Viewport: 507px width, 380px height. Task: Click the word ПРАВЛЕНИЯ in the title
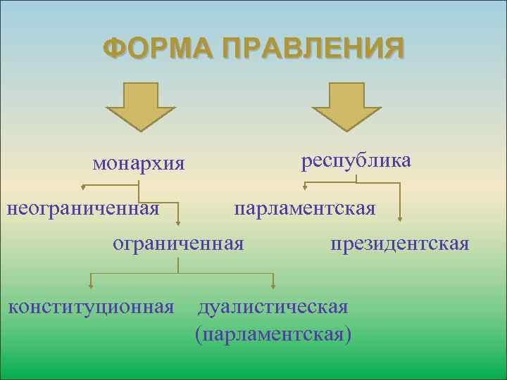[x=313, y=49]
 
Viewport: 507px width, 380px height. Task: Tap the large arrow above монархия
[x=139, y=106]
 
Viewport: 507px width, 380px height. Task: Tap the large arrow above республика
[x=346, y=106]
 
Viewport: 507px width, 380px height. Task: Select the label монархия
[x=139, y=163]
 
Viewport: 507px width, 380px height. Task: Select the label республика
[x=356, y=160]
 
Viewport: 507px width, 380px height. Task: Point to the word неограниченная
[x=82, y=208]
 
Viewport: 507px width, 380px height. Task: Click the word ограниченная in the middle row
[x=179, y=243]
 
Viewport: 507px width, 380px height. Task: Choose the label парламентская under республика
[x=305, y=208]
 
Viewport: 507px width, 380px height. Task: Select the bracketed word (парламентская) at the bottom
[x=273, y=332]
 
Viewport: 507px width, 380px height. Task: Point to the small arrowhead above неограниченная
[x=83, y=188]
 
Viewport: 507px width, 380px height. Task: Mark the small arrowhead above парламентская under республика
[x=305, y=187]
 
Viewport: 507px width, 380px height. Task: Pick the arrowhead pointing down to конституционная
[x=90, y=286]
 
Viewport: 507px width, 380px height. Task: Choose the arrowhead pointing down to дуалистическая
[x=273, y=286]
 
